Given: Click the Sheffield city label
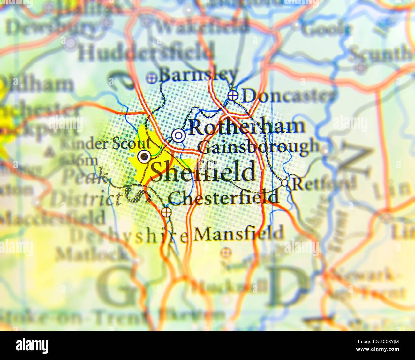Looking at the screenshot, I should [x=203, y=172].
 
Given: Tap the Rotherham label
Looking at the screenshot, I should [x=247, y=127].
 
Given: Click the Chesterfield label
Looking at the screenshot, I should [x=223, y=198].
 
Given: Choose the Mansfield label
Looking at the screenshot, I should [x=239, y=233].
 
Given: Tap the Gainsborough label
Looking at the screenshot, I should [x=258, y=147].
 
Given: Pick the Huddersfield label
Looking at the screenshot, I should [x=146, y=53].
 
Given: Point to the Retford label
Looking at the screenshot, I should [x=324, y=184].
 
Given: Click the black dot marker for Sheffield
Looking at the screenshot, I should [x=144, y=156].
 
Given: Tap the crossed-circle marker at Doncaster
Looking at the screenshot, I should [x=233, y=95].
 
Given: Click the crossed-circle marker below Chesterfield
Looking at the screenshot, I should [x=166, y=212].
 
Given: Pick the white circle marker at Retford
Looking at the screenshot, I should [x=284, y=183].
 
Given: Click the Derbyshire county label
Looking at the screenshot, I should [x=129, y=236].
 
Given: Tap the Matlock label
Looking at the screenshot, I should [x=91, y=255].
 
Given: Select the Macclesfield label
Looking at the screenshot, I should [x=53, y=218].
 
